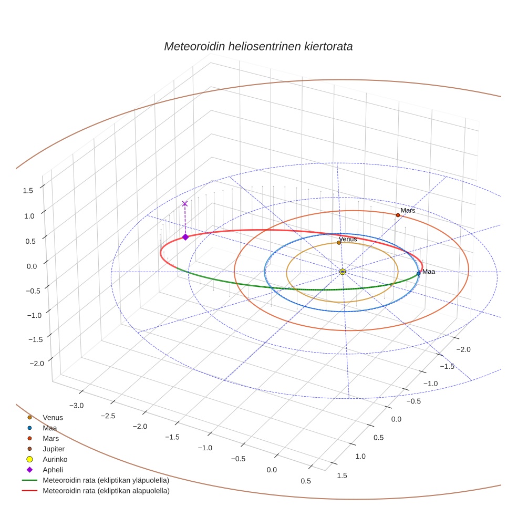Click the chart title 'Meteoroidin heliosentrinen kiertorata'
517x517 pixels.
tap(258, 46)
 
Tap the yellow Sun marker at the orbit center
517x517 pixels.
tap(343, 272)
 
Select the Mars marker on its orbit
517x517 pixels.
tap(398, 215)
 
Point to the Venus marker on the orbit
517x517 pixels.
tap(339, 243)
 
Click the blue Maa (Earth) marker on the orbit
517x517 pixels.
tap(418, 273)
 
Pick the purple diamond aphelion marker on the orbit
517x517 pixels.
tap(185, 237)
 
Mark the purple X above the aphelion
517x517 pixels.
tap(184, 203)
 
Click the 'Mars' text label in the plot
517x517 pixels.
tap(408, 210)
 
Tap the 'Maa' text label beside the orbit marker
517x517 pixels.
tap(429, 272)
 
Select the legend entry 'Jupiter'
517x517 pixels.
tap(54, 449)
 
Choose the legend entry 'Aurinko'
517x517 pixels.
tap(54, 459)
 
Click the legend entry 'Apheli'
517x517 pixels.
tap(53, 470)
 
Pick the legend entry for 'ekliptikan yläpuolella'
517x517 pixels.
tap(106, 480)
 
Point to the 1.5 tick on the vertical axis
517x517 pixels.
tap(28, 191)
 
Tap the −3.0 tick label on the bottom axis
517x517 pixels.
tap(77, 405)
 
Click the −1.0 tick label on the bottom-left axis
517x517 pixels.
tap(205, 448)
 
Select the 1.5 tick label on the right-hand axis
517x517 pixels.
tap(342, 476)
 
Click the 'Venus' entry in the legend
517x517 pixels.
tap(53, 417)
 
